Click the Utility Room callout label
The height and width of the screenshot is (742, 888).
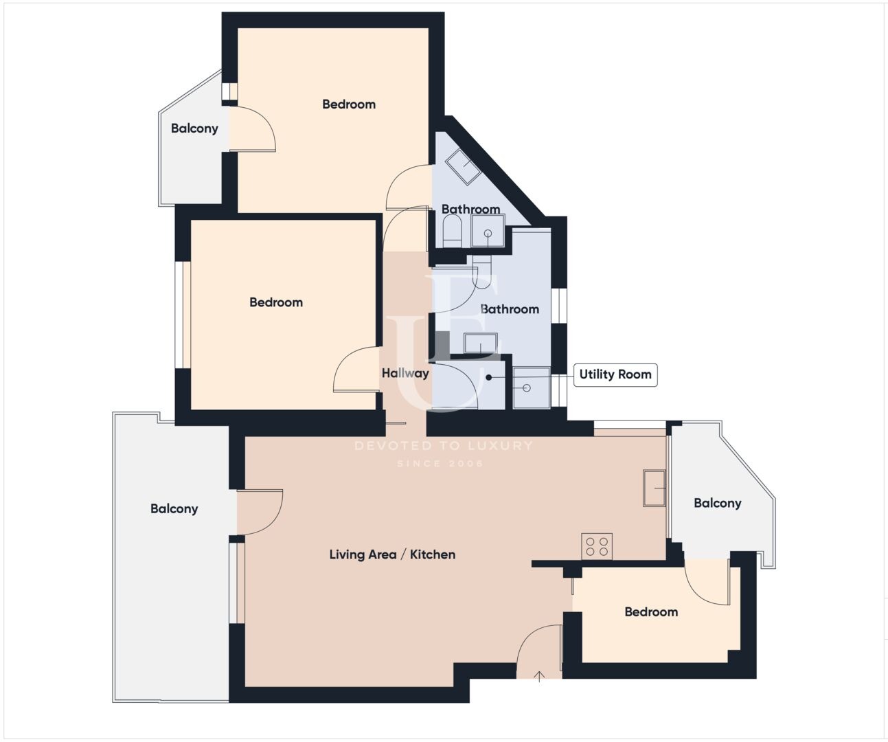pos(615,375)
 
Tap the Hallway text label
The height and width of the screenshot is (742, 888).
pos(405,374)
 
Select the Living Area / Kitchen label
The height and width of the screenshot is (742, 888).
pos(392,555)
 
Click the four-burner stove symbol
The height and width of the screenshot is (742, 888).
pos(597,547)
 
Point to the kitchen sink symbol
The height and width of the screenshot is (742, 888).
pos(654,488)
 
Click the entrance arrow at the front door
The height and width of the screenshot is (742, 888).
pos(539,676)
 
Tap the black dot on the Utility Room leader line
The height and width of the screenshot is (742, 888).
pos(489,377)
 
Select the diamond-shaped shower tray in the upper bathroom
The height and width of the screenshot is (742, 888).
pos(463,167)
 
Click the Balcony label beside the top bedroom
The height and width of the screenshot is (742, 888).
pos(194,128)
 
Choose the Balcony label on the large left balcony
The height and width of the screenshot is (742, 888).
pos(174,509)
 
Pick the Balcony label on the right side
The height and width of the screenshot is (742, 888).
pos(718,504)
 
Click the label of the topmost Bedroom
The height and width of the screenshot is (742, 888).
pos(349,104)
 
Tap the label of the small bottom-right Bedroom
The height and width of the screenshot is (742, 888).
pos(651,612)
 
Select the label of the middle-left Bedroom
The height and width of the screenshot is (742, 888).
pos(276,302)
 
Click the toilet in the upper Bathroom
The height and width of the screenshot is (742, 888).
pos(452,231)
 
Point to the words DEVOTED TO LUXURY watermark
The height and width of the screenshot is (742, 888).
pos(444,446)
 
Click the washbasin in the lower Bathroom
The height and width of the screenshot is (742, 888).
pos(481,344)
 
